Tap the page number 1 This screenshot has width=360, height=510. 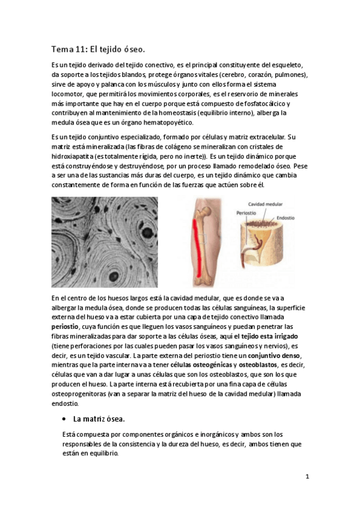[307, 477]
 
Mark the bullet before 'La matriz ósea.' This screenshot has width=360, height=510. [64, 419]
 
